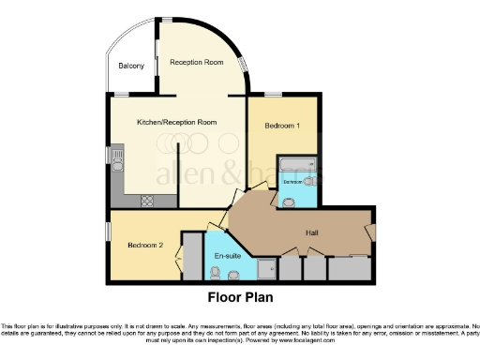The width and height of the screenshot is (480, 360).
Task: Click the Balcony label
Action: [131, 66]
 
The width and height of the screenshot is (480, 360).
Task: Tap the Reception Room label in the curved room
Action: [196, 62]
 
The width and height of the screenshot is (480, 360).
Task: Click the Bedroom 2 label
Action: [145, 246]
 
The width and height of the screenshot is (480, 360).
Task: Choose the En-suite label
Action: [229, 255]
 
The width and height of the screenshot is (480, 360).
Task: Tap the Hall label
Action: [315, 232]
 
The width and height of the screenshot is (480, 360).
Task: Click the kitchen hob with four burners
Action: [148, 201]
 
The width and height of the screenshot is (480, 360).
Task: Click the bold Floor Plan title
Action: [240, 299]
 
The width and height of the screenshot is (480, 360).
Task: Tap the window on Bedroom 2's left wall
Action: [108, 230]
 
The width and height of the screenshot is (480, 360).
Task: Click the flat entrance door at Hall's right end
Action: [372, 231]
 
